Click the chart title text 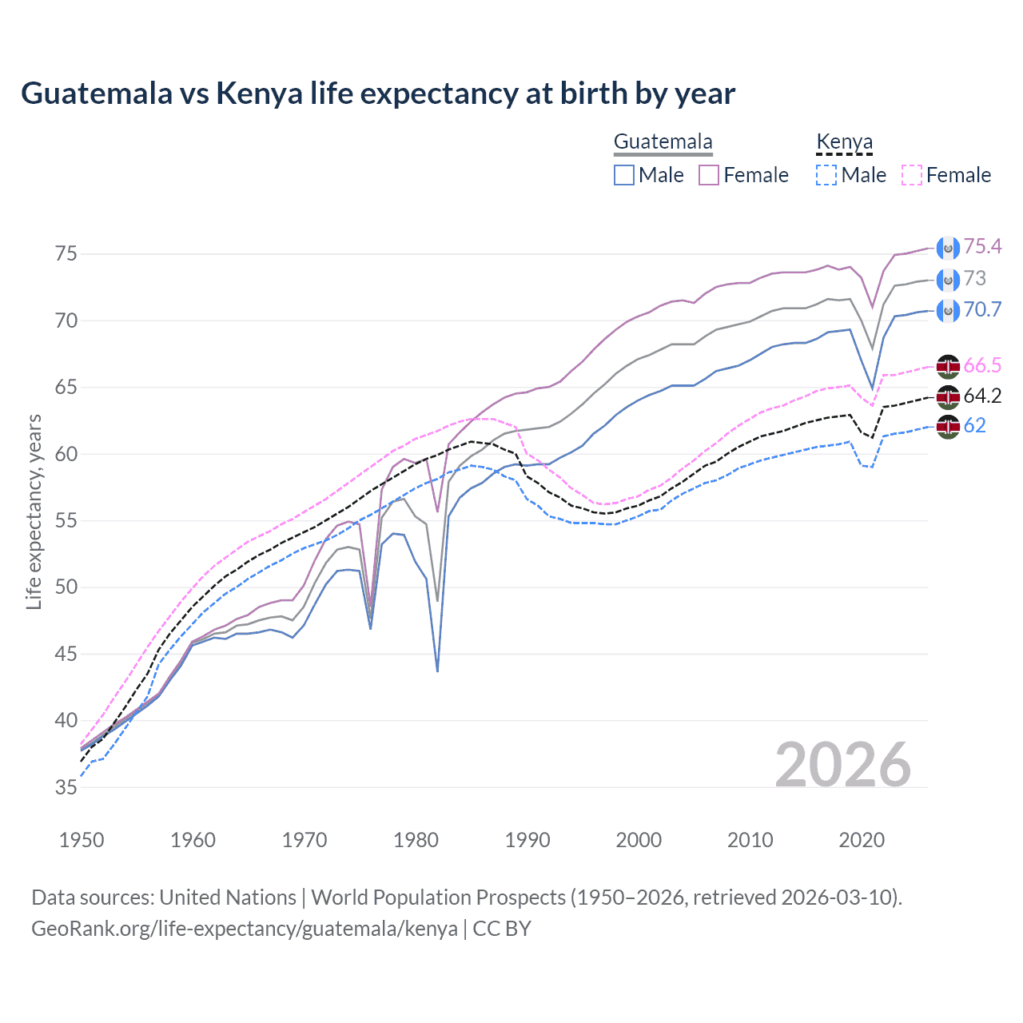377,94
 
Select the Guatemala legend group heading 663,142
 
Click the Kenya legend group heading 844,142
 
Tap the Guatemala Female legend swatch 710,175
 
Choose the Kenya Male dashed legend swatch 826,175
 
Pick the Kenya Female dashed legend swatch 912,175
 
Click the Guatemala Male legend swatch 624,175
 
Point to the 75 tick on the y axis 66,254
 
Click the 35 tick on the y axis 66,787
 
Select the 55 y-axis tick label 66,521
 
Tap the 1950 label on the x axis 82,840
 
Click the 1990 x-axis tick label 527,840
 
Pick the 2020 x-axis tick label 862,840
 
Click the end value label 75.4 982,247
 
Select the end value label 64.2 982,396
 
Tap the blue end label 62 975,426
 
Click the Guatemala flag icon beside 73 948,280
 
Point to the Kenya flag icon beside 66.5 948,366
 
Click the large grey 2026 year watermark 843,765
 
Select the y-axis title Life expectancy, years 34,511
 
